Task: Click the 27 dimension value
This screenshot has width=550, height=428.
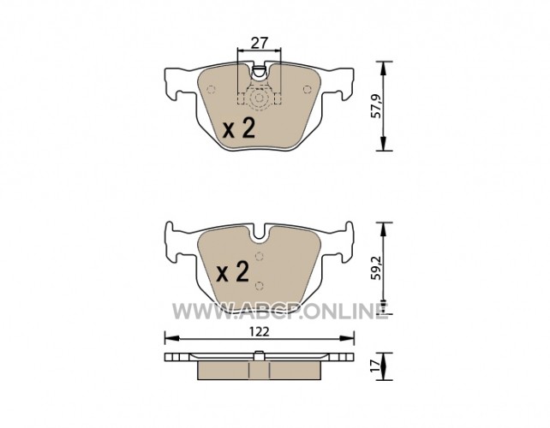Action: tap(260, 43)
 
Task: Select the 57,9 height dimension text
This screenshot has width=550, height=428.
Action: tap(376, 106)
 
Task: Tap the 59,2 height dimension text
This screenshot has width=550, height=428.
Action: tap(376, 268)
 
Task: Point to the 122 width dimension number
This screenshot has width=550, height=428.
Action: tap(260, 331)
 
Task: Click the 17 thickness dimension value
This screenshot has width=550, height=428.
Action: tap(376, 366)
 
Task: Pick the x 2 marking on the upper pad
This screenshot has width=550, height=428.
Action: tap(239, 128)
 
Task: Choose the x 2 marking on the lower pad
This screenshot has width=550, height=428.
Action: tap(233, 271)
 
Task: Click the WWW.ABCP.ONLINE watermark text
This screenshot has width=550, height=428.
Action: tap(280, 312)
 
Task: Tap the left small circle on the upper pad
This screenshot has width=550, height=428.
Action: tap(211, 89)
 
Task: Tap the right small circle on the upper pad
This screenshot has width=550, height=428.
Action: tap(308, 89)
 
